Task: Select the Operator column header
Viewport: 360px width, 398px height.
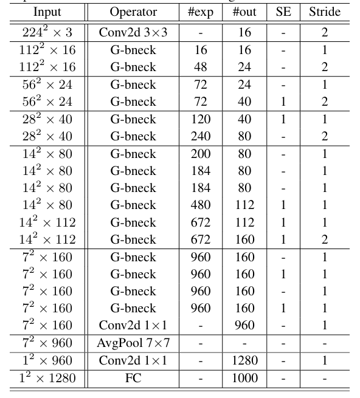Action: click(x=133, y=12)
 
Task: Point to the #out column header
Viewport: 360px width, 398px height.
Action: click(x=244, y=12)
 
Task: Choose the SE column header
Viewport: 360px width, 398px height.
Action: click(x=283, y=12)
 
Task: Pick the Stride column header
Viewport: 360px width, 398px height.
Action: click(x=325, y=12)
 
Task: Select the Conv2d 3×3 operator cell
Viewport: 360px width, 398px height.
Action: click(x=133, y=32)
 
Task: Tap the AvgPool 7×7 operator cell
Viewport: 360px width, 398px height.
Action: click(x=133, y=343)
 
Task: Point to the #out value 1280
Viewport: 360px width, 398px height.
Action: click(x=244, y=361)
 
